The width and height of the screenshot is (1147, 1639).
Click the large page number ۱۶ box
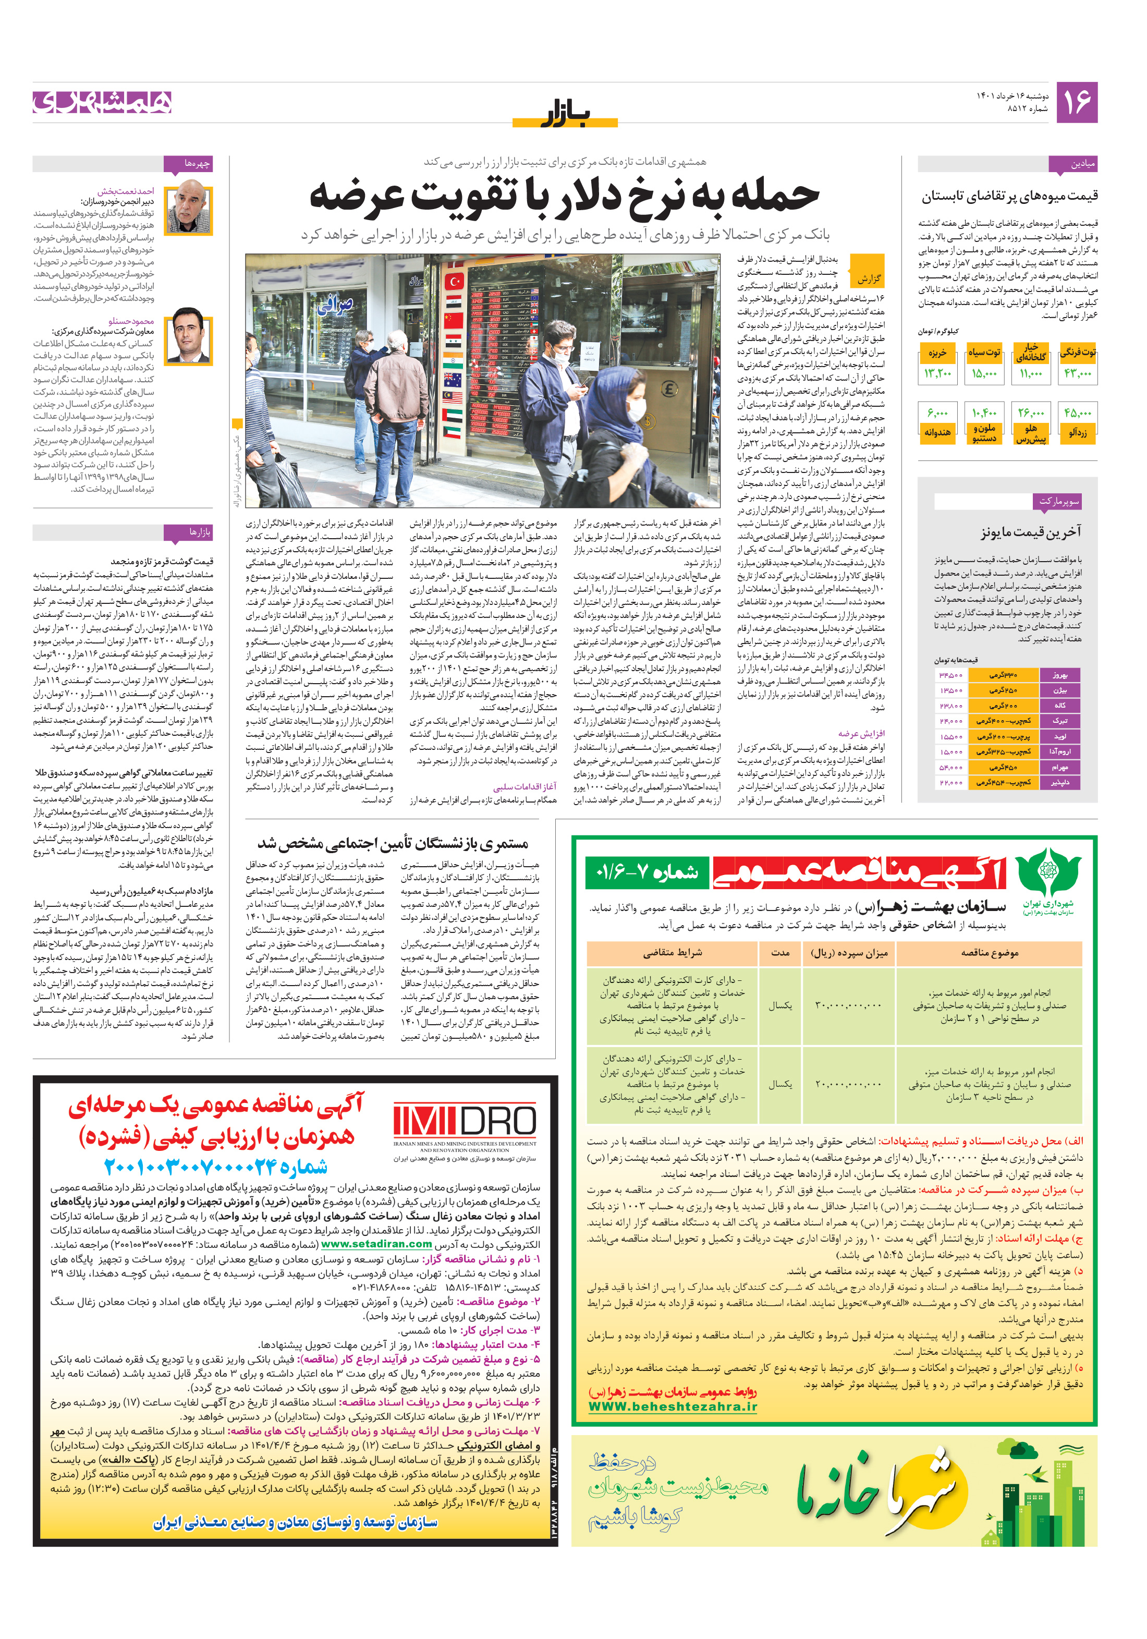coord(1076,102)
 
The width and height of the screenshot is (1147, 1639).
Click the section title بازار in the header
coord(565,114)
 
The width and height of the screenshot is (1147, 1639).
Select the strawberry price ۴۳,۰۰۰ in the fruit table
coord(1077,373)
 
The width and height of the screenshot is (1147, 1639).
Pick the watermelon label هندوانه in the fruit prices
coord(937,433)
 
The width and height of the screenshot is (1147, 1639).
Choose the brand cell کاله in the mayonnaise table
coord(1060,705)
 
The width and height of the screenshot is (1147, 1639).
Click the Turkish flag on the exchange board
coord(454,283)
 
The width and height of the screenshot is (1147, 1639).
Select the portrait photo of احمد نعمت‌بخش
coord(189,209)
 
